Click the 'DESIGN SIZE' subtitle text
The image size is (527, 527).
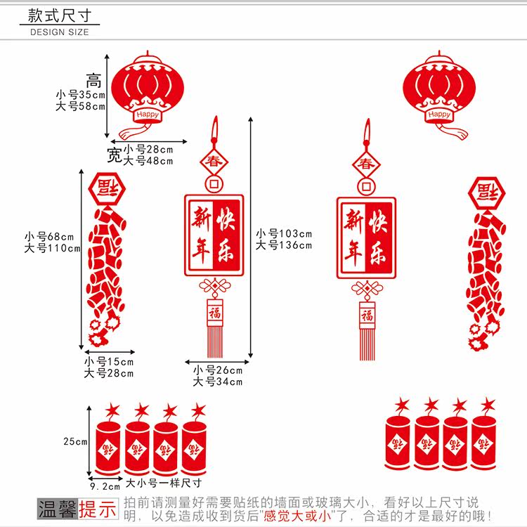(60, 32)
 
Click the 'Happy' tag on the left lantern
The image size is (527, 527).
(148, 114)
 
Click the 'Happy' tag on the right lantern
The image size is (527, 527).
(439, 114)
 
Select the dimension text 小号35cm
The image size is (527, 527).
(80, 95)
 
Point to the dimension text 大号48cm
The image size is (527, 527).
(148, 160)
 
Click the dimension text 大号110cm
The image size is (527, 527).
(52, 247)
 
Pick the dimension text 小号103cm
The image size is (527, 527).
(283, 233)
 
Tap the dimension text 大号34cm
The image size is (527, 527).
(217, 382)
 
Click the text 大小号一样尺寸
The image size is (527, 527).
(163, 483)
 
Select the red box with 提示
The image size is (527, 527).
(98, 509)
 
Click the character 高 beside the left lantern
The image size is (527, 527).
(94, 81)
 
